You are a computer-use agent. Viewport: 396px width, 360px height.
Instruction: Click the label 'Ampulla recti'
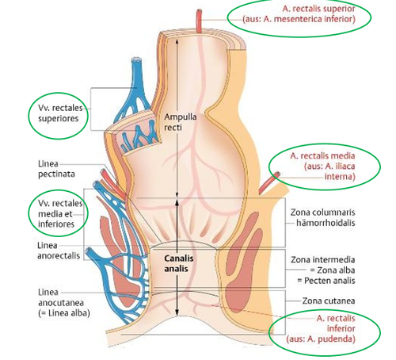[x=180, y=122]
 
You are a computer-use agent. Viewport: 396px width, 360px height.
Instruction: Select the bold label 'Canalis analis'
[x=178, y=263]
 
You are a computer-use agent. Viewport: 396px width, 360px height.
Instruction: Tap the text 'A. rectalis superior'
[x=318, y=9]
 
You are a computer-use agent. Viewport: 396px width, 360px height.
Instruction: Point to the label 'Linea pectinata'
[x=56, y=169]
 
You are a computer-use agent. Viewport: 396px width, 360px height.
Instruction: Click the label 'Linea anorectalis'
[x=59, y=251]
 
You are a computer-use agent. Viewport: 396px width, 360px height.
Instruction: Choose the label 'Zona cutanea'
[x=329, y=301]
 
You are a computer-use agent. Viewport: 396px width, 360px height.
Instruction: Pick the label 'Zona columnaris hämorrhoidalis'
[x=322, y=217]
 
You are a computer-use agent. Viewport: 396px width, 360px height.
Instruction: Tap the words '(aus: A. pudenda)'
[x=321, y=339]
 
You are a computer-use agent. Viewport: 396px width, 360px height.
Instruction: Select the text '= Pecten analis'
[x=326, y=281]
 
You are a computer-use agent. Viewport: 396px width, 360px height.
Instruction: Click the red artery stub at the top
[x=199, y=21]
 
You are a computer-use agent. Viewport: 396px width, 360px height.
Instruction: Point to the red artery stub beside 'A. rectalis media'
[x=268, y=182]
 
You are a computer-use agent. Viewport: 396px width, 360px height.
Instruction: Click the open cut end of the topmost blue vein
[x=136, y=59]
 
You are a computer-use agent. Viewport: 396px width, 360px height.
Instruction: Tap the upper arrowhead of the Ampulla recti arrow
[x=177, y=40]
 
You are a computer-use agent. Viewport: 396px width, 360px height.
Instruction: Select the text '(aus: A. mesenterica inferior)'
[x=299, y=19]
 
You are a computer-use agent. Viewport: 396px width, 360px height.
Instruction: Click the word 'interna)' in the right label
[x=340, y=176]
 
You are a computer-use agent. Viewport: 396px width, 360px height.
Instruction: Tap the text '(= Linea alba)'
[x=64, y=313]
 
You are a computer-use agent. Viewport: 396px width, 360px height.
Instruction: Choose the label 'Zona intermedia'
[x=323, y=260]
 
